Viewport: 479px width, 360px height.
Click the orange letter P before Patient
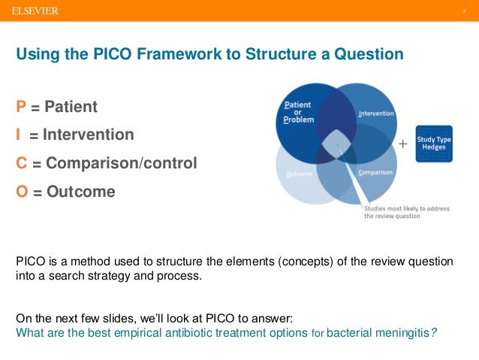[x=21, y=107]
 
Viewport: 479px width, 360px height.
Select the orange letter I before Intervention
[x=20, y=135]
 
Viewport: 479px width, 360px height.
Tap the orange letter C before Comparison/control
[x=22, y=163]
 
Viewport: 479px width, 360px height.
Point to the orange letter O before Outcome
[x=22, y=192]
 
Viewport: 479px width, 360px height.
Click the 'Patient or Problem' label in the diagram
[x=298, y=112]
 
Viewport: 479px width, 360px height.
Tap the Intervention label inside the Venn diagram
[x=376, y=114]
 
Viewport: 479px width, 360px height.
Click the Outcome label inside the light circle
[x=300, y=174]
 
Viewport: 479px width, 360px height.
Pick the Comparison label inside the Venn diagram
[x=375, y=172]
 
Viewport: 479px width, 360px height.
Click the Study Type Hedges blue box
[x=433, y=144]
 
